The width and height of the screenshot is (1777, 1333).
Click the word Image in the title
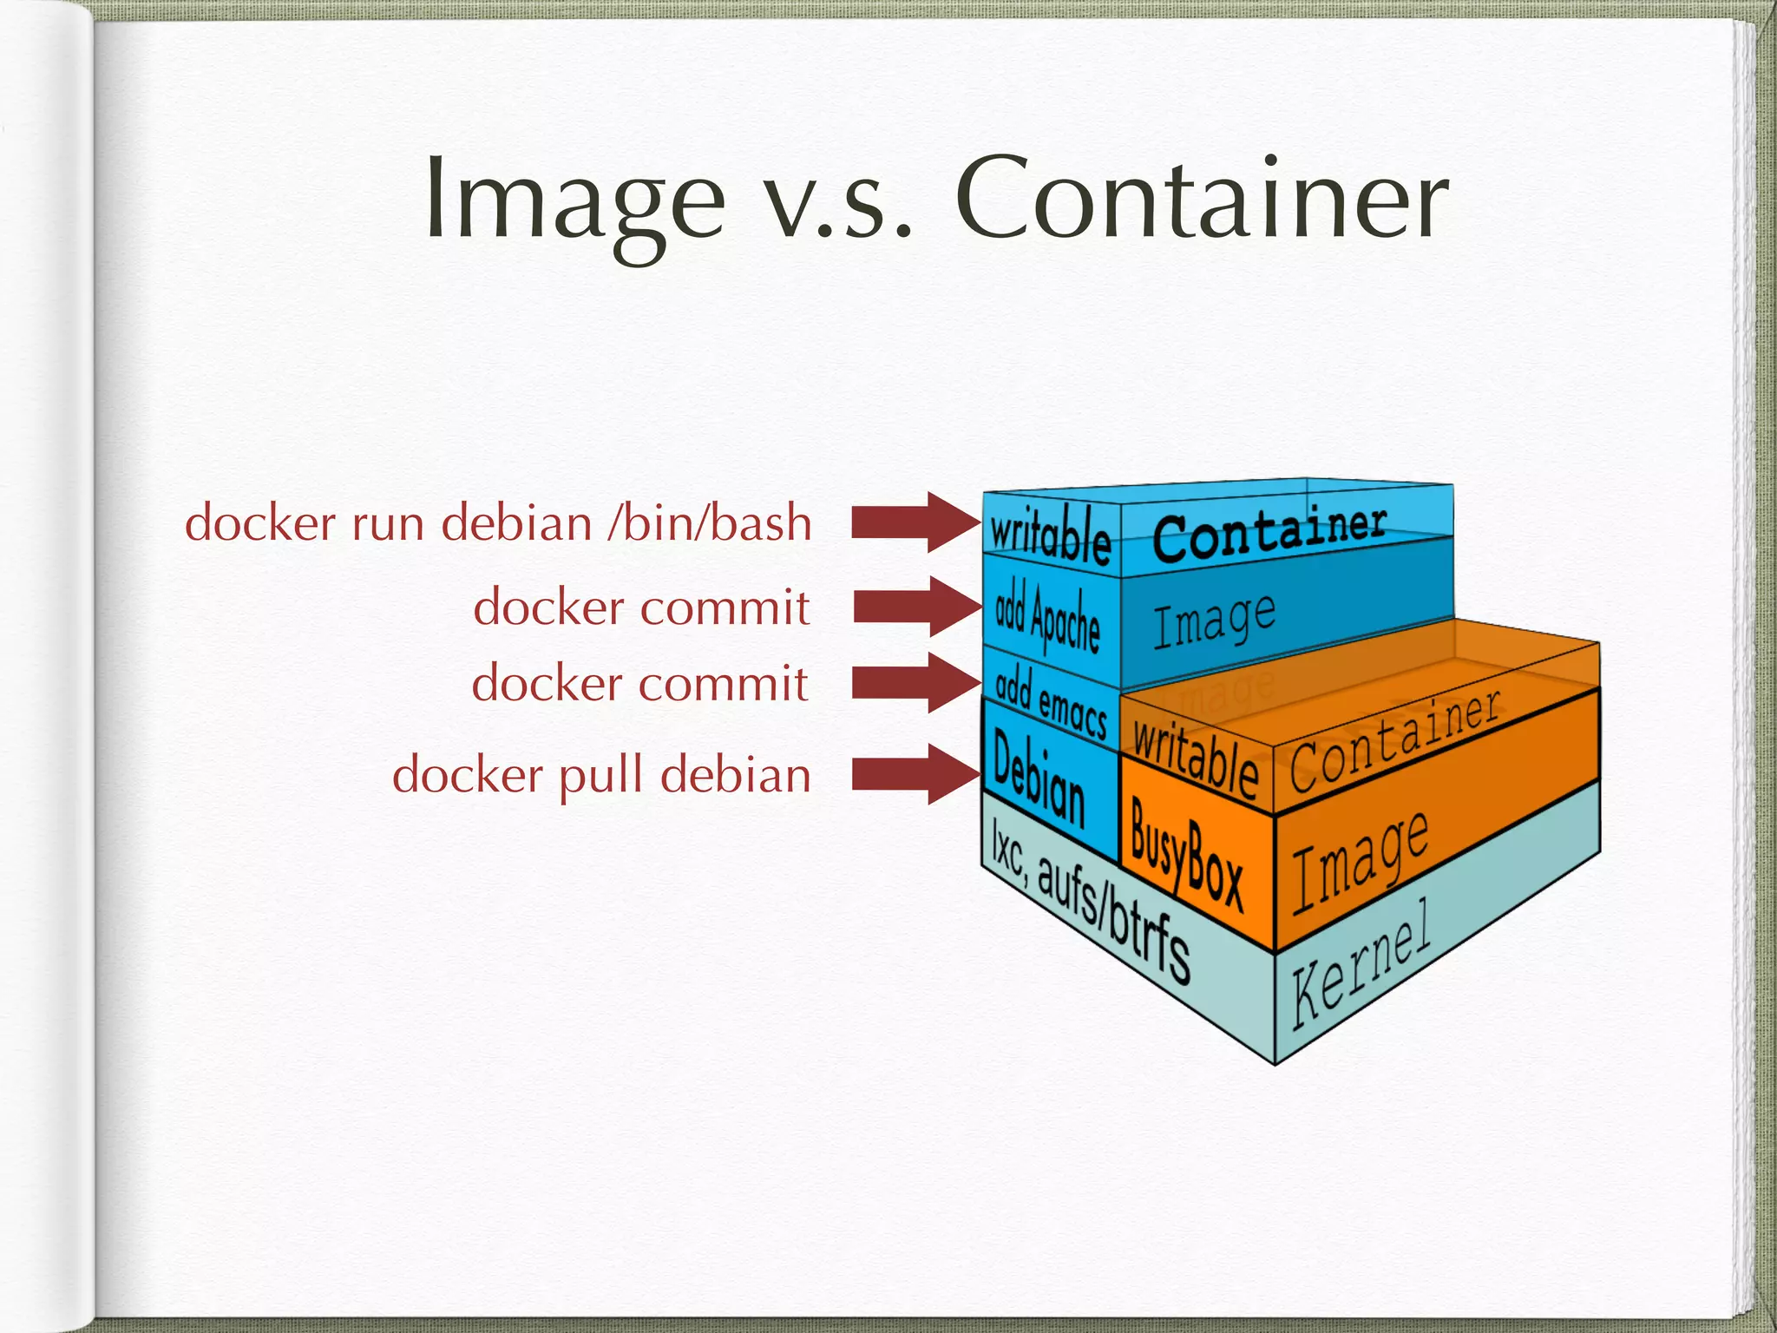pyautogui.click(x=574, y=201)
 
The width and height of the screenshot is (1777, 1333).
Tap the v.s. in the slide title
pyautogui.click(x=840, y=208)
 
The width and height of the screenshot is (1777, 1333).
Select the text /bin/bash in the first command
pyautogui.click(x=710, y=523)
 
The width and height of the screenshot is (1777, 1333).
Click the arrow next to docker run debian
pyautogui.click(x=915, y=522)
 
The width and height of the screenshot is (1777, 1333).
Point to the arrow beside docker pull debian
pyautogui.click(x=915, y=774)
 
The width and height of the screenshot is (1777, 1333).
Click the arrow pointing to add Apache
pyautogui.click(x=917, y=606)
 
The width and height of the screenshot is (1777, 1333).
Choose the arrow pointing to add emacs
pyautogui.click(x=916, y=683)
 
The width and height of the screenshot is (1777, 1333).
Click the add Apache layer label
pyautogui.click(x=1047, y=617)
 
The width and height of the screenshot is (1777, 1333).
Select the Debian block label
pyautogui.click(x=1039, y=778)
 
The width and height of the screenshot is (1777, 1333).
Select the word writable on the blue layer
pyautogui.click(x=1050, y=535)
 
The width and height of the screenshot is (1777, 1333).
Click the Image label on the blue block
pyautogui.click(x=1214, y=620)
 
